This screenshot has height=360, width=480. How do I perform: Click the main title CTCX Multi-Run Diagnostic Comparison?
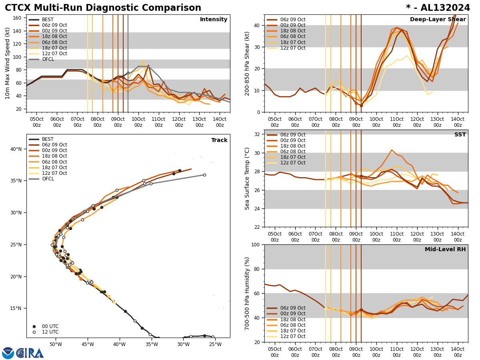(103, 8)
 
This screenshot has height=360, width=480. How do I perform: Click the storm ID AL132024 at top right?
(444, 8)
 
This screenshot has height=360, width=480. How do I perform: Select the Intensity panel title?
(214, 20)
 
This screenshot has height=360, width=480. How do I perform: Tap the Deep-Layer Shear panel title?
(438, 20)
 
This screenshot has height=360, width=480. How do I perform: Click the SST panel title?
(460, 135)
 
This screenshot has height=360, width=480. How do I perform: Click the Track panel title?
(219, 140)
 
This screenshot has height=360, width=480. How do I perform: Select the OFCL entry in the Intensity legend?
(48, 59)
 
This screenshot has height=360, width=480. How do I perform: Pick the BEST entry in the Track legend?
(48, 139)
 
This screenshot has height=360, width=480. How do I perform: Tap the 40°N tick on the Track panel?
(16, 149)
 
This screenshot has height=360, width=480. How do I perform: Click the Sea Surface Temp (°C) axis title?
(247, 178)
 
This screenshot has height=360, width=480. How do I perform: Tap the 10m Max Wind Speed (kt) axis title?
(7, 63)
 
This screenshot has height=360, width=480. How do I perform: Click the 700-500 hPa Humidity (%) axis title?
(247, 293)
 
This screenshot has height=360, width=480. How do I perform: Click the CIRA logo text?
(30, 353)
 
